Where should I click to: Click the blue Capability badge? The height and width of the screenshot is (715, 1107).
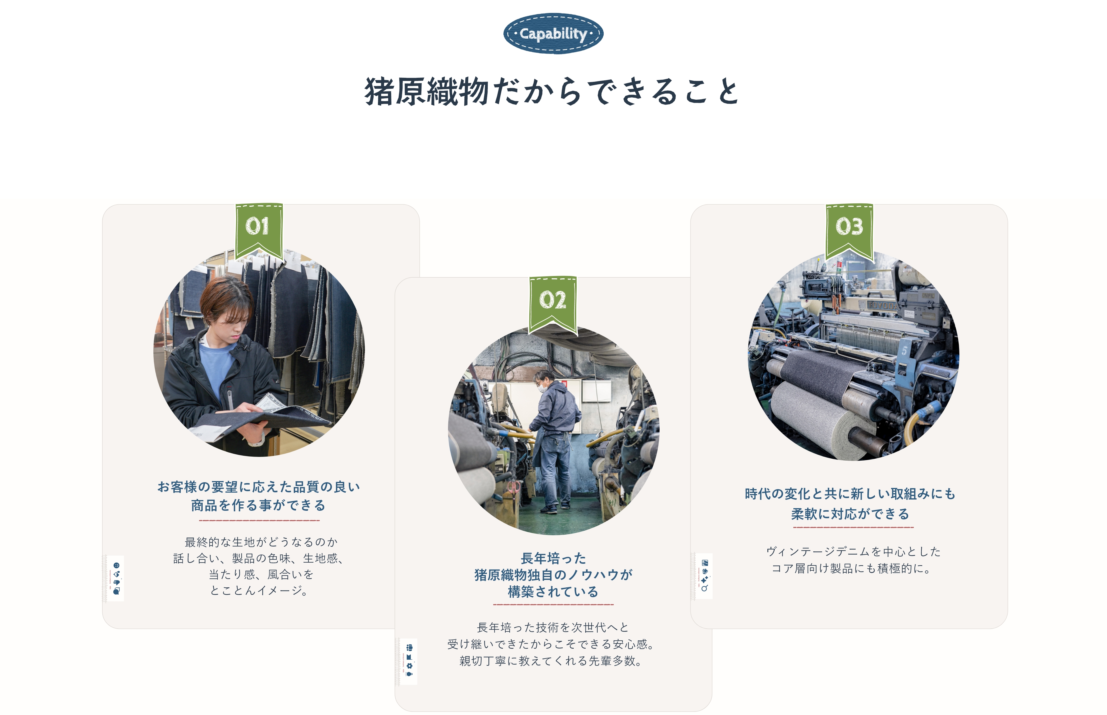pos(553,33)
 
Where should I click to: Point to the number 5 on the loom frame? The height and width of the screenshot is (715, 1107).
pos(904,350)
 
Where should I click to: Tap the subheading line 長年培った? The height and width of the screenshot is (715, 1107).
pos(553,558)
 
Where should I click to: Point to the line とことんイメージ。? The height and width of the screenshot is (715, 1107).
pos(259,591)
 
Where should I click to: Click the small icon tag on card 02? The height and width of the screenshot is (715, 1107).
pos(409,661)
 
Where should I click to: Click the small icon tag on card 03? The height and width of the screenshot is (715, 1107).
pos(704,576)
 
